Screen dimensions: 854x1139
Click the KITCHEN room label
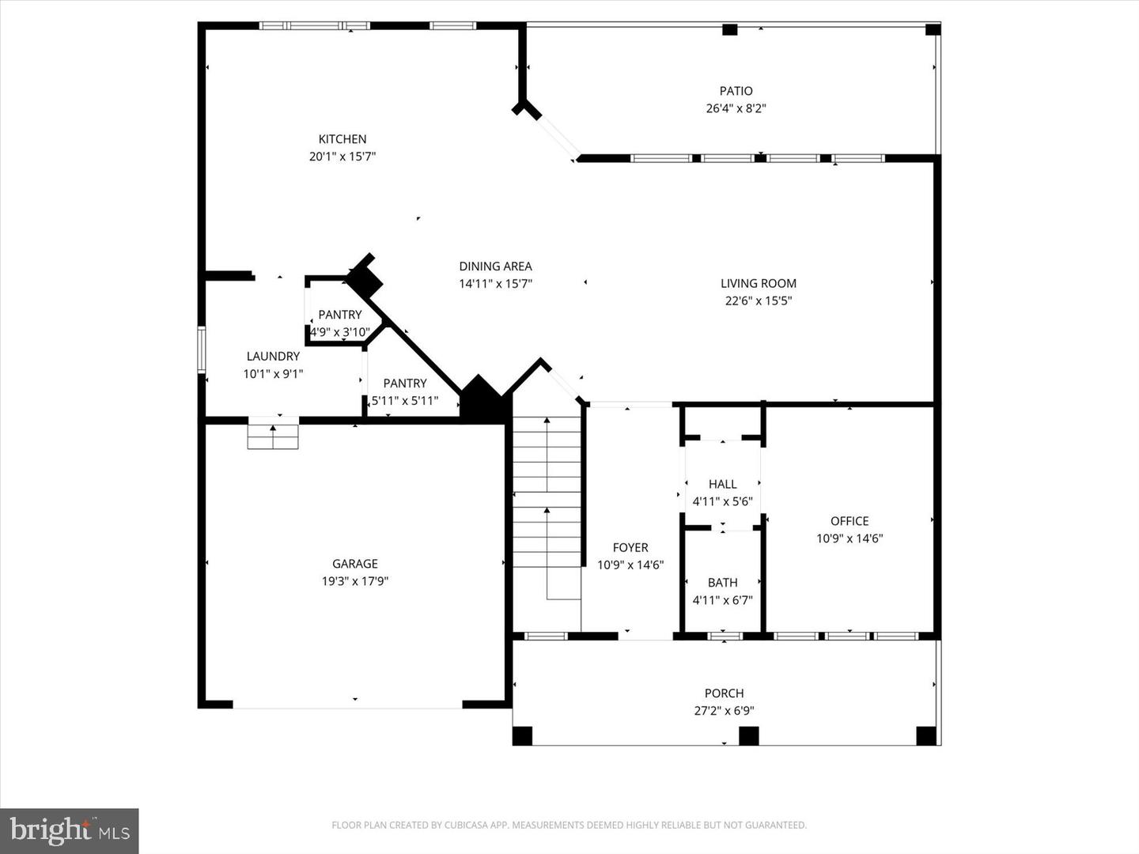(x=342, y=139)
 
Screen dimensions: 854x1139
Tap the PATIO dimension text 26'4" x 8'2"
(x=736, y=108)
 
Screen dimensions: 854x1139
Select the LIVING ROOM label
(x=758, y=283)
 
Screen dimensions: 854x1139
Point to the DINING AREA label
(x=495, y=266)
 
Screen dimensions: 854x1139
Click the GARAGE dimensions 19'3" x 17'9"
(x=354, y=581)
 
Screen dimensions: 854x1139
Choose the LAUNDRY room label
(x=273, y=357)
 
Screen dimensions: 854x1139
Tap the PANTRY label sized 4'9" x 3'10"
(x=340, y=315)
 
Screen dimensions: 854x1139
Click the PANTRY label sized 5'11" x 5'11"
(x=405, y=384)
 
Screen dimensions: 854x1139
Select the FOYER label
(x=630, y=547)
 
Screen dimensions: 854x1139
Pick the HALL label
(x=722, y=484)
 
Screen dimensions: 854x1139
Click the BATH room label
(x=722, y=583)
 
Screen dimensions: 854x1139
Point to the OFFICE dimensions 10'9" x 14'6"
(x=850, y=538)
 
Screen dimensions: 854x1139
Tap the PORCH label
(x=724, y=693)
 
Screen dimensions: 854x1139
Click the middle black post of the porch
(x=748, y=735)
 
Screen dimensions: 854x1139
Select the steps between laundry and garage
(x=273, y=436)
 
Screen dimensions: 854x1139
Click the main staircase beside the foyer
(x=547, y=514)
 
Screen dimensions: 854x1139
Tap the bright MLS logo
(x=70, y=830)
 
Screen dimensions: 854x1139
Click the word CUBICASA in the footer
(x=460, y=826)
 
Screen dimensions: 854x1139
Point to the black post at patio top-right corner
(x=933, y=30)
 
